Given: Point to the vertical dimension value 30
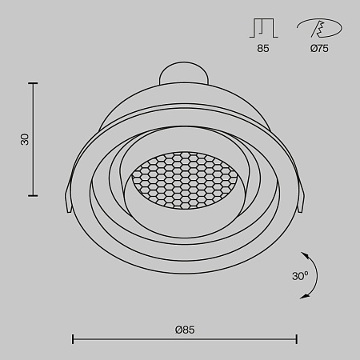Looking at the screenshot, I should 24,139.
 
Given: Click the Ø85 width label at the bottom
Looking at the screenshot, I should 185,329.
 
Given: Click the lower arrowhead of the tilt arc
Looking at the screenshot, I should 304,297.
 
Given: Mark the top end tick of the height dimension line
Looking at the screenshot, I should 34,82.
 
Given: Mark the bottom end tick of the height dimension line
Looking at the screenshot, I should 34,195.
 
